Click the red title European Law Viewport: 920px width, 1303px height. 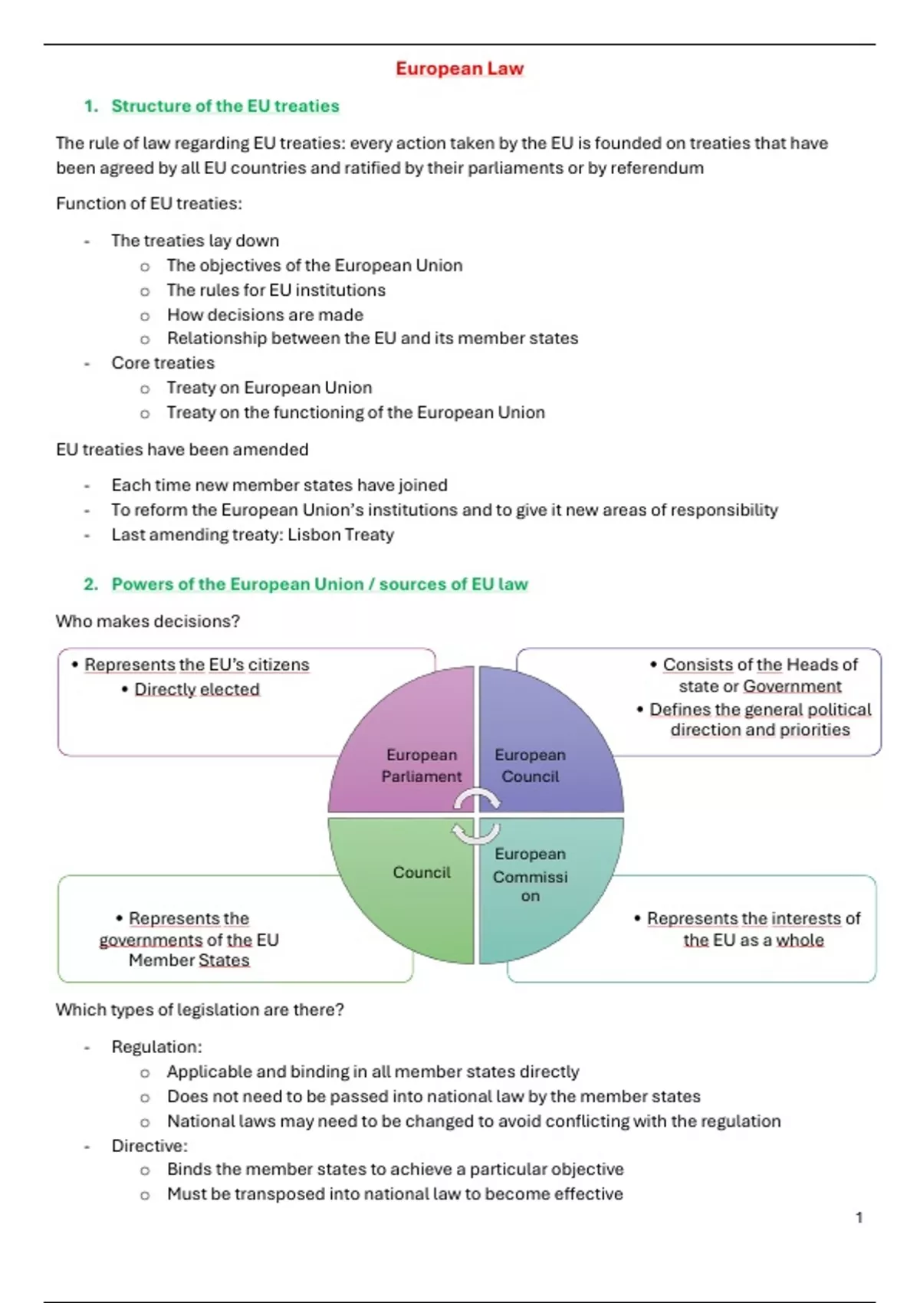pyautogui.click(x=459, y=69)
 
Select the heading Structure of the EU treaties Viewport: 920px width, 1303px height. pyautogui.click(x=225, y=106)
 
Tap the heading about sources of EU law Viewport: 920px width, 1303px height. pyautogui.click(x=320, y=584)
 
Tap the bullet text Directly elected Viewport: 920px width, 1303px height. pyautogui.click(x=196, y=689)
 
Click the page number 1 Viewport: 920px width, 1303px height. pyautogui.click(x=859, y=1217)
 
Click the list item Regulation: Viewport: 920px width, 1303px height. pyautogui.click(x=156, y=1047)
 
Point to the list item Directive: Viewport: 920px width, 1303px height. pyautogui.click(x=149, y=1146)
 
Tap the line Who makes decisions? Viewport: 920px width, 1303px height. pyautogui.click(x=148, y=621)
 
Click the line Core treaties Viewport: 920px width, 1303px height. pyautogui.click(x=163, y=363)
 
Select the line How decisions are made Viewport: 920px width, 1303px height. pyautogui.click(x=264, y=315)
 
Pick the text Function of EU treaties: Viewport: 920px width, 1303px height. pyautogui.click(x=149, y=204)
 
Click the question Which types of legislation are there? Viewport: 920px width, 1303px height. pyautogui.click(x=199, y=1010)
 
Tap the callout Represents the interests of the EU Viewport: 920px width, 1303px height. pyautogui.click(x=753, y=929)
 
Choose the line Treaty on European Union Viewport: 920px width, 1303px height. pyautogui.click(x=269, y=388)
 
